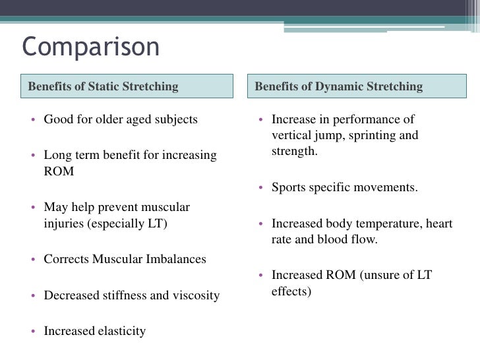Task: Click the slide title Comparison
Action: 91,47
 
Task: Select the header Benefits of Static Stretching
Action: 104,86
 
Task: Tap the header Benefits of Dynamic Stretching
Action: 338,86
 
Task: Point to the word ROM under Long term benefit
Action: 59,171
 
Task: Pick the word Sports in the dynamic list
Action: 289,187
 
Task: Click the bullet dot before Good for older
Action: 33,121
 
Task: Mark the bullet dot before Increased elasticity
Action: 33,332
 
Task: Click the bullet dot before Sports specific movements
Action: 261,188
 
